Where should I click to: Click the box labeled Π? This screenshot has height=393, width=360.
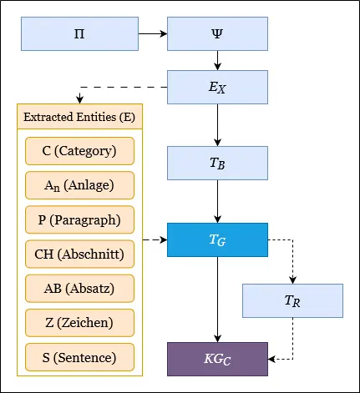pos(79,33)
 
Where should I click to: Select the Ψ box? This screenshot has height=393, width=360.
pos(217,33)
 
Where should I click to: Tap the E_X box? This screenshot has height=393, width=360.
pos(217,87)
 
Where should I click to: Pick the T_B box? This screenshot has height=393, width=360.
pos(217,163)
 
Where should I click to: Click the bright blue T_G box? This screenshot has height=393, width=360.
pos(217,239)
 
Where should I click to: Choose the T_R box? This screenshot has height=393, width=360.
pos(292,300)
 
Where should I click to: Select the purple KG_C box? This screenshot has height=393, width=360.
pos(217,359)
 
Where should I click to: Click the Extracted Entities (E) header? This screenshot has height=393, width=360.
pos(79,117)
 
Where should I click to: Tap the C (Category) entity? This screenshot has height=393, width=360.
pos(79,151)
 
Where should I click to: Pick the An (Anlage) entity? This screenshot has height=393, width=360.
pos(79,185)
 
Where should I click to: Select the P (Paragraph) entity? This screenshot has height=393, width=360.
pos(79,219)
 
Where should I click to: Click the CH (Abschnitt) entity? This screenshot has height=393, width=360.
pos(79,254)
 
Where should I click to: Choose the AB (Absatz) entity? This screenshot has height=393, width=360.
pos(79,289)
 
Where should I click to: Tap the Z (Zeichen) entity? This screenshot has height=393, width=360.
pos(79,323)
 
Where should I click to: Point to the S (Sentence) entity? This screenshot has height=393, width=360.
pos(79,357)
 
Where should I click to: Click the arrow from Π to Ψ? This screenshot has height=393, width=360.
pos(153,33)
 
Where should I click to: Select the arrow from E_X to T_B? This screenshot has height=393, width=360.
pos(217,125)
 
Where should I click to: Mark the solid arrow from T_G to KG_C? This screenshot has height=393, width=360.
pos(217,300)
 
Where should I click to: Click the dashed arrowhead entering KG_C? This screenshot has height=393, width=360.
pos(271,359)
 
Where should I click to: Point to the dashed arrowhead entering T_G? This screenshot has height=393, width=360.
pos(164,239)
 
